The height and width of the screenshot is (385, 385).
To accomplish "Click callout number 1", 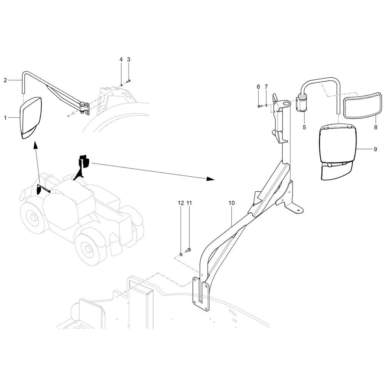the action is click(x=5, y=118).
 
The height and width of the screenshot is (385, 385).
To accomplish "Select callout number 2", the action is click(x=5, y=80).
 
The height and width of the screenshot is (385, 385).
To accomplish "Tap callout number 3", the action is click(x=129, y=59).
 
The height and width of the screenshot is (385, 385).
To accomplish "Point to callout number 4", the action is click(x=121, y=59).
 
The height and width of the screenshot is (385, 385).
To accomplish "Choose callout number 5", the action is click(x=304, y=127).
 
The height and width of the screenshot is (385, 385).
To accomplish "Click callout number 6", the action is click(x=258, y=87).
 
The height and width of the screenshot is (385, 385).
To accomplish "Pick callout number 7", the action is click(x=266, y=87).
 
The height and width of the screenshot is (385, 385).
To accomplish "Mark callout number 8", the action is click(x=375, y=127).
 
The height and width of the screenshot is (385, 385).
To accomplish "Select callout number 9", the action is click(x=375, y=150).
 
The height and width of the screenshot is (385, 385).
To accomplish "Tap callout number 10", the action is click(x=231, y=202).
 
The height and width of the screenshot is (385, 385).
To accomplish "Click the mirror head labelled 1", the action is click(x=31, y=117).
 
